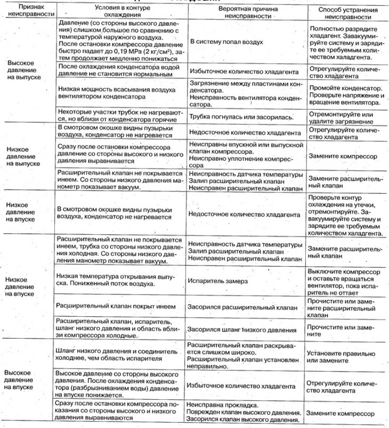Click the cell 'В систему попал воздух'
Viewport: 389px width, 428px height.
tap(227, 42)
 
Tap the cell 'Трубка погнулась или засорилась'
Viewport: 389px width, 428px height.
tap(241, 117)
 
